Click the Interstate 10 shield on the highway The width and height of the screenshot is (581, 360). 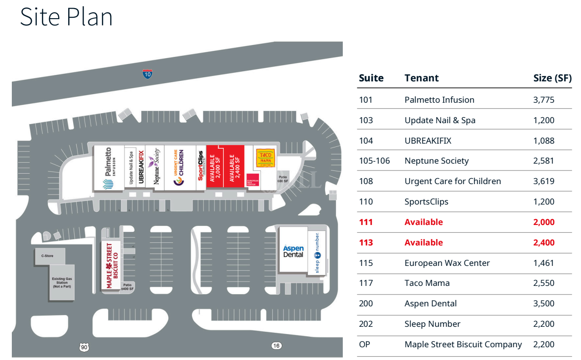click(147, 75)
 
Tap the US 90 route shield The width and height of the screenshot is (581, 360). click(84, 347)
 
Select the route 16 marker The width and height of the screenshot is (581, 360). click(276, 346)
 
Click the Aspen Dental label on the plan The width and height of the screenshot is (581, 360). click(293, 251)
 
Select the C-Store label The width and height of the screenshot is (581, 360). click(47, 256)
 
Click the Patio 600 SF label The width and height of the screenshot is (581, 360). click(283, 179)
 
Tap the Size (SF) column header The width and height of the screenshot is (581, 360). click(552, 78)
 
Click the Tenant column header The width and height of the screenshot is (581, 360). click(421, 78)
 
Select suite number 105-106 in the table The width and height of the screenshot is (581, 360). click(375, 161)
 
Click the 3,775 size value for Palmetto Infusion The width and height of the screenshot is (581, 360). click(544, 100)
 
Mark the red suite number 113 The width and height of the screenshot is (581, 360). click(366, 243)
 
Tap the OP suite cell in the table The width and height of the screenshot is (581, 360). click(365, 345)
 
